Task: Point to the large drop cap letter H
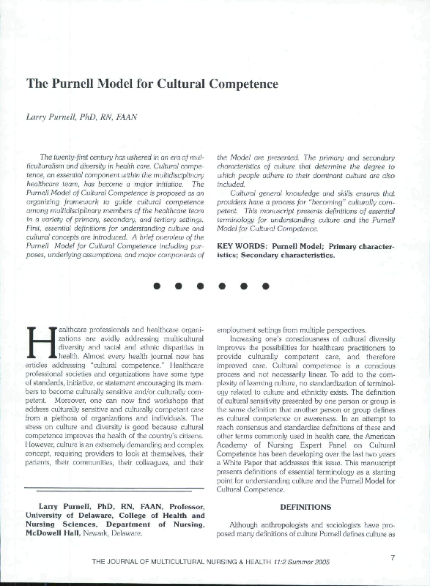point(40,346)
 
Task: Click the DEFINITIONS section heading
point(305,506)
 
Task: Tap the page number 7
point(393,558)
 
